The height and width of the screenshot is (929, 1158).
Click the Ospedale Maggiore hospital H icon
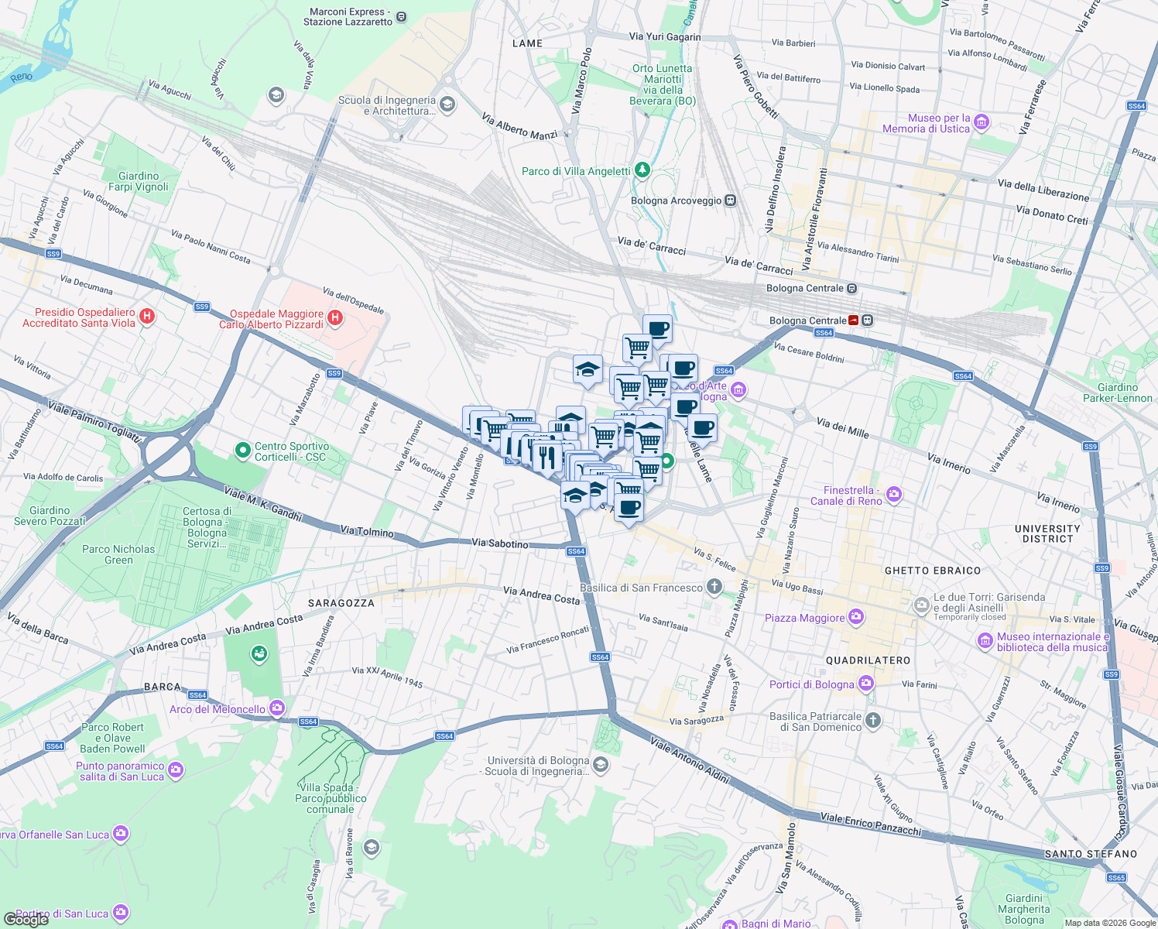coord(335,318)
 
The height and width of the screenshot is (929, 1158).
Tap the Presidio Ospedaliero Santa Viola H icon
coord(148,317)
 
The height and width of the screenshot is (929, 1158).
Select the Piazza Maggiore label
coord(804,618)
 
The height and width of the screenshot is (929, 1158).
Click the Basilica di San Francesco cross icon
coord(714,587)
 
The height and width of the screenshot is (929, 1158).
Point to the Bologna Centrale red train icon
coord(853,321)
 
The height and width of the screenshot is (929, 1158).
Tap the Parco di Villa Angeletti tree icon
coord(642,170)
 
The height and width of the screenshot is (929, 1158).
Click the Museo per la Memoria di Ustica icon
coord(982,122)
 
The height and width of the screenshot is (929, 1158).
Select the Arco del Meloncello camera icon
coord(277,708)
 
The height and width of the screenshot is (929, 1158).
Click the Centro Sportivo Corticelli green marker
coord(243,450)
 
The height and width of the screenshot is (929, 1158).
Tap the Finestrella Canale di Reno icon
coord(894,495)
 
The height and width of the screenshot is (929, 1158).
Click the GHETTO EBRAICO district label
coord(932,571)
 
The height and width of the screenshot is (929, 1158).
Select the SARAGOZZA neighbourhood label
coord(341,603)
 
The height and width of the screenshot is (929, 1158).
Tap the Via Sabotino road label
coord(500,543)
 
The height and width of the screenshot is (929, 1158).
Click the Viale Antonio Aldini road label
coord(690,759)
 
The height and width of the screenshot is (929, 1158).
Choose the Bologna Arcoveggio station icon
coord(730,201)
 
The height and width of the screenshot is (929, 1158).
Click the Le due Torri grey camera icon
coord(921,605)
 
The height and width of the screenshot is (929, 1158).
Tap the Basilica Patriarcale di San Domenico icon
coord(873,721)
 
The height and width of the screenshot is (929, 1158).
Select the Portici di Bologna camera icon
coord(866,684)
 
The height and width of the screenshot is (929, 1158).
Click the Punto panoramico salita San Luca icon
coord(176,770)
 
